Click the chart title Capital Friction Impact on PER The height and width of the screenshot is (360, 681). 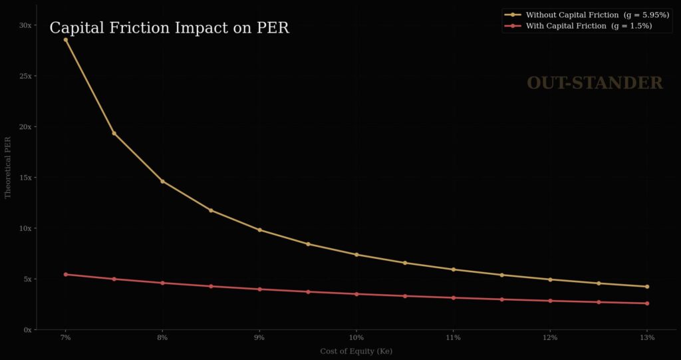pos(169,28)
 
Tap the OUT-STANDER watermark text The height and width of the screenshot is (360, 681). pos(595,83)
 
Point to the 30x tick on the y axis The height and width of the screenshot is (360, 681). pos(25,25)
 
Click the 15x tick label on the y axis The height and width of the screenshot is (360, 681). pos(25,178)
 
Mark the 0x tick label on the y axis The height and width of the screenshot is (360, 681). pos(27,329)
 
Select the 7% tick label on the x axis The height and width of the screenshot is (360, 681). pos(65,338)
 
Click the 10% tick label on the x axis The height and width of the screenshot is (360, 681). pos(356,338)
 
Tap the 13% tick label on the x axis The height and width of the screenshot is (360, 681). pos(647,338)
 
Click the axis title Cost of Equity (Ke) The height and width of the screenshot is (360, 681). pos(356,351)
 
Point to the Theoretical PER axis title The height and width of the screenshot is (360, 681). pos(8,167)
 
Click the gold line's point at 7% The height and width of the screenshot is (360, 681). pos(65,40)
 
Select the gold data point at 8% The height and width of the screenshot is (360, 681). pos(162,181)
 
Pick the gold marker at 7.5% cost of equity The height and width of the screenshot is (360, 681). pos(114,133)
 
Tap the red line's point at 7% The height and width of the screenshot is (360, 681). pos(65,274)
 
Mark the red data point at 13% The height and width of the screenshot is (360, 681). pos(647,303)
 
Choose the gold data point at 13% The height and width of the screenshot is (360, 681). pos(647,287)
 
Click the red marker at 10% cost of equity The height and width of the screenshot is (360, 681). pos(356,294)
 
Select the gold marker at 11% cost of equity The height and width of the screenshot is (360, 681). pos(453,270)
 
